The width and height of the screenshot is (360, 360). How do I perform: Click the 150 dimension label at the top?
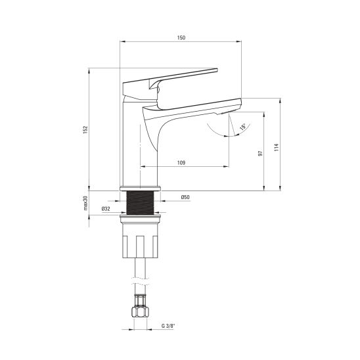pyautogui.click(x=181, y=37)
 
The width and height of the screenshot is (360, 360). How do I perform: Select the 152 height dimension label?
pyautogui.click(x=85, y=129)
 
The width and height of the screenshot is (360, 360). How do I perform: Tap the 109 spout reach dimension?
pyautogui.click(x=181, y=163)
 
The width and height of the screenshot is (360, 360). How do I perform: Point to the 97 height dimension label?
pyautogui.click(x=260, y=153)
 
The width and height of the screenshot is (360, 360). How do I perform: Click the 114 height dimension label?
pyautogui.click(x=277, y=147)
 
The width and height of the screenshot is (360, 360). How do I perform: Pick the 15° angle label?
pyautogui.click(x=242, y=127)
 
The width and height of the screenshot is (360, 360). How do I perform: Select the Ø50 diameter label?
pyautogui.click(x=185, y=197)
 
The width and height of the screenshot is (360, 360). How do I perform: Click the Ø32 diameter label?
pyautogui.click(x=106, y=209)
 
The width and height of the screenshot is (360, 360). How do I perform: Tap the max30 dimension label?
pyautogui.click(x=85, y=203)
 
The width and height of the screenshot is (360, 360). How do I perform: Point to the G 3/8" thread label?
pyautogui.click(x=168, y=326)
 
